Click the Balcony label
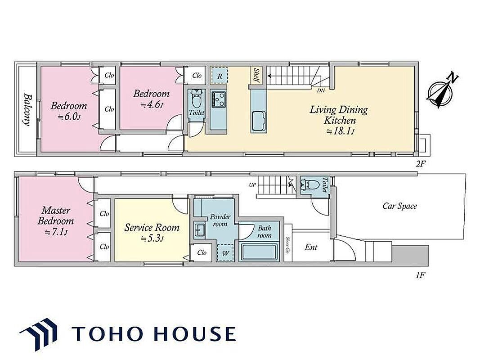pyautogui.click(x=28, y=110)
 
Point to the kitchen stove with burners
pyautogui.click(x=218, y=99)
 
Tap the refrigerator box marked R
pyautogui.click(x=220, y=76)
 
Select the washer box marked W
pyautogui.click(x=226, y=253)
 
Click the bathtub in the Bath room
pyautogui.click(x=259, y=252)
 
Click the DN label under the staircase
pyautogui.click(x=321, y=90)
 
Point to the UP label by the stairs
pyautogui.click(x=252, y=185)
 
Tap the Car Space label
pyautogui.click(x=400, y=206)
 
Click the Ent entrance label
pyautogui.click(x=311, y=247)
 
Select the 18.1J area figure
pyautogui.click(x=340, y=131)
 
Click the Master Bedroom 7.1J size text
pyautogui.click(x=56, y=232)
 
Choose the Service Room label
pyautogui.click(x=152, y=228)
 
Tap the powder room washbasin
pyautogui.click(x=200, y=229)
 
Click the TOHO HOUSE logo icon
pyautogui.click(x=39, y=333)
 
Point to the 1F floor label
pyautogui.click(x=421, y=275)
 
